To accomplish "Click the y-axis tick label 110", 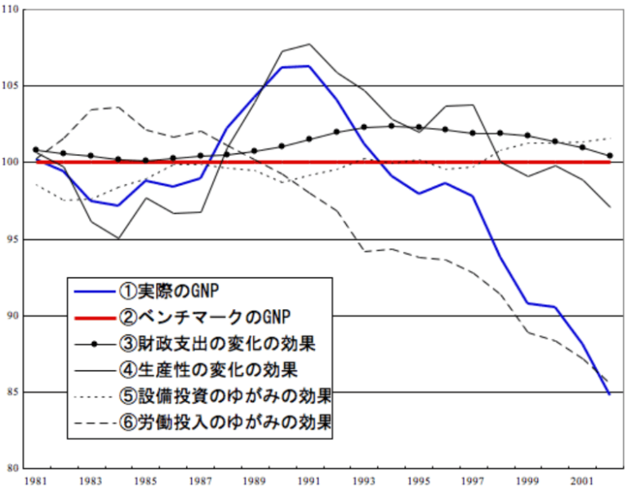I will tap(12, 10).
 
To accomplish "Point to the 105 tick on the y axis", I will tap(12, 86).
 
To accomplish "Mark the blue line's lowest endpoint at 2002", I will tap(609, 394).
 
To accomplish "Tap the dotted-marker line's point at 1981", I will tap(35, 150).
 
